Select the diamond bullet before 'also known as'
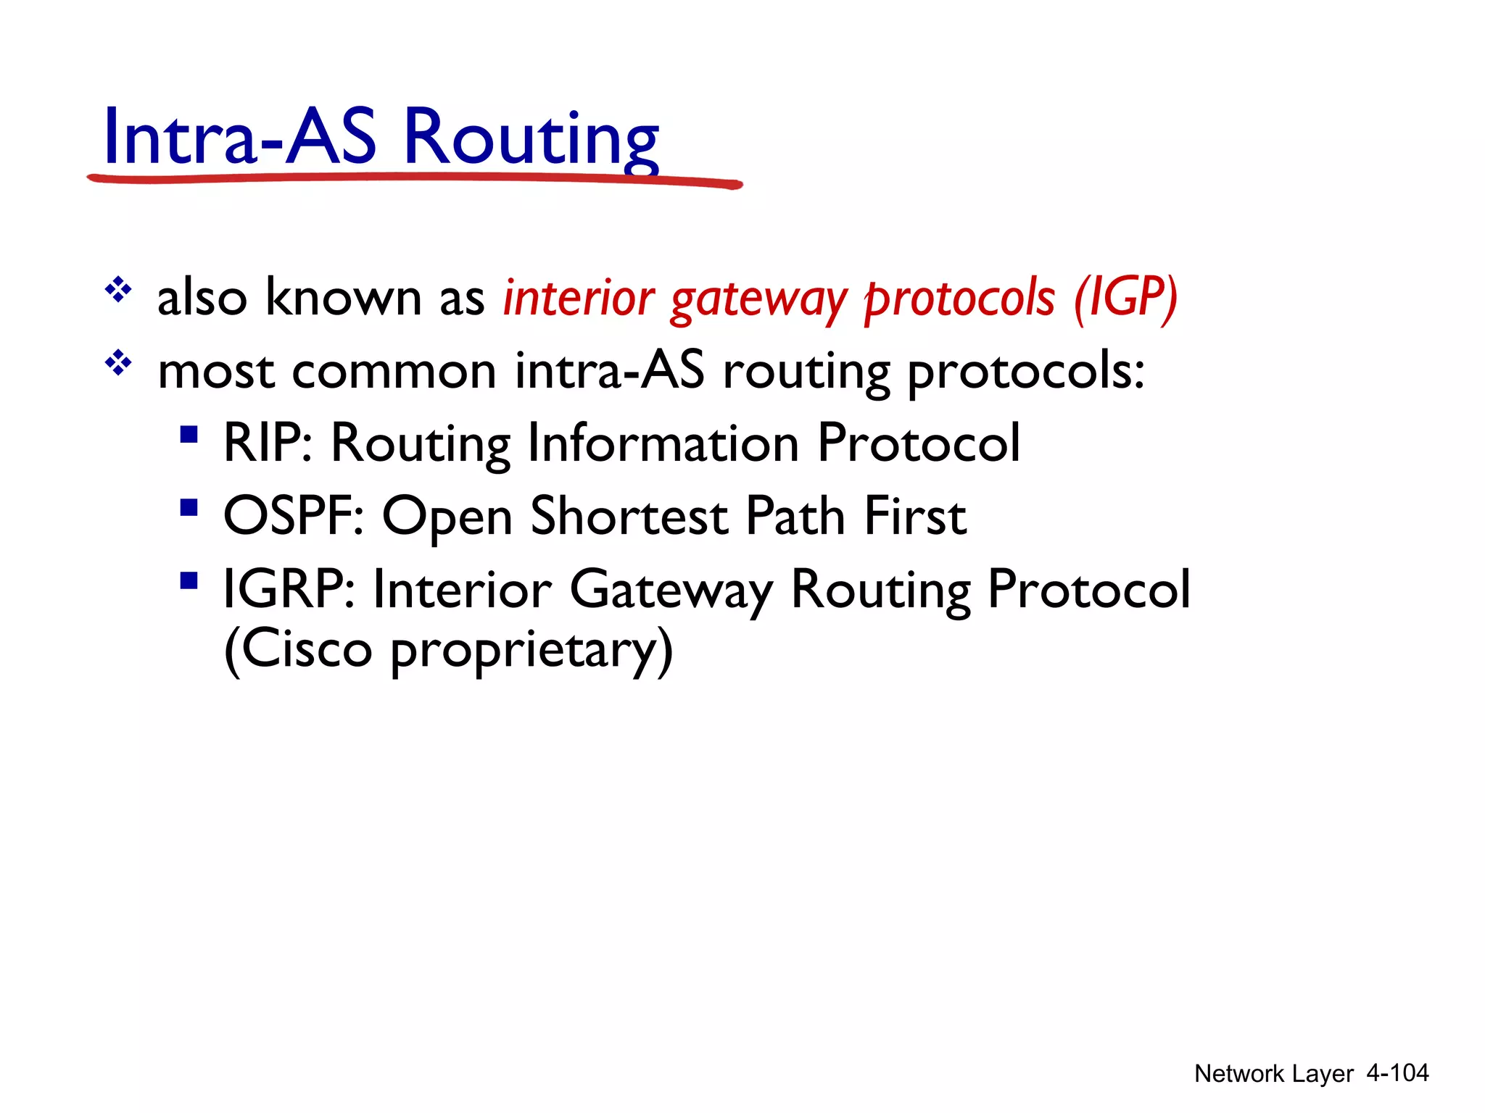click(x=118, y=291)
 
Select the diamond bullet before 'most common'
click(x=118, y=363)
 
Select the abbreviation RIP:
click(x=268, y=443)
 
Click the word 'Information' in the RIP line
click(x=663, y=443)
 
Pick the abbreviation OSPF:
click(x=293, y=516)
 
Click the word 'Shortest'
click(x=629, y=516)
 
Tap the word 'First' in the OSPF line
click(x=915, y=516)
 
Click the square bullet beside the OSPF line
click(x=189, y=507)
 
